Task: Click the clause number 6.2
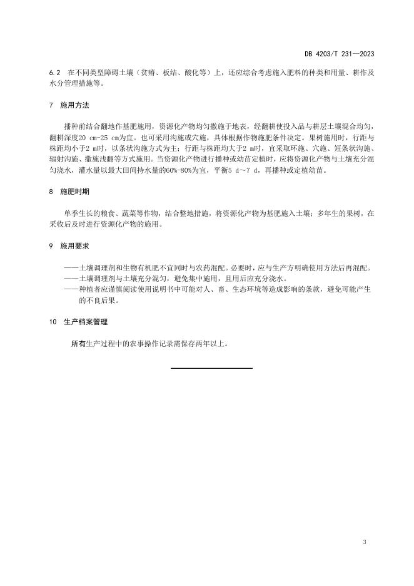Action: pyautogui.click(x=54, y=73)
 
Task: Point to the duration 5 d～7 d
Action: pyautogui.click(x=244, y=171)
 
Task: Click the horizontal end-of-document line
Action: pyautogui.click(x=211, y=368)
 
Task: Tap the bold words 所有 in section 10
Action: pyautogui.click(x=78, y=344)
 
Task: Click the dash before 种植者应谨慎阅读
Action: pyautogui.click(x=70, y=290)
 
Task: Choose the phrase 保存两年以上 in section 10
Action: pyautogui.click(x=198, y=344)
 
